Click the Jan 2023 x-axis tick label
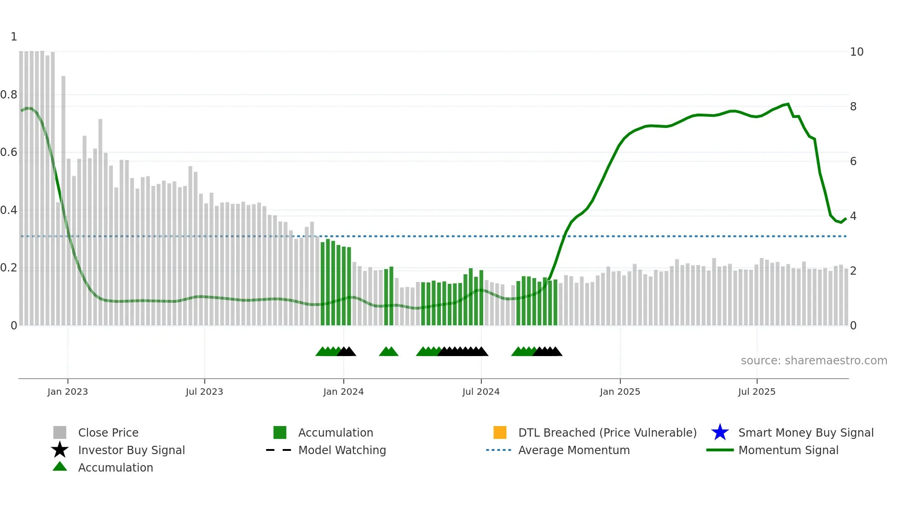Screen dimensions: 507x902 (68, 392)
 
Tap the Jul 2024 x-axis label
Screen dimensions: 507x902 (481, 392)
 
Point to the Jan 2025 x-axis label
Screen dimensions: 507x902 (620, 392)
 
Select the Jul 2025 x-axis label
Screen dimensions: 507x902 (757, 392)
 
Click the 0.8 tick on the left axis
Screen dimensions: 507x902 (9, 95)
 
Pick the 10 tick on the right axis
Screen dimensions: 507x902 (856, 52)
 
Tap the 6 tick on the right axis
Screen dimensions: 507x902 (853, 161)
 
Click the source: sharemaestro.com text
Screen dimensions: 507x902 (814, 361)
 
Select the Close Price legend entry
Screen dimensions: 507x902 (108, 432)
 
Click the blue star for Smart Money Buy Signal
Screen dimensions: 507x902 (720, 432)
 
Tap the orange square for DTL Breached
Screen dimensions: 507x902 (500, 432)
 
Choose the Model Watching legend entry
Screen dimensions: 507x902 (342, 450)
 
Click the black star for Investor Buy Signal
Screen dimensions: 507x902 (60, 450)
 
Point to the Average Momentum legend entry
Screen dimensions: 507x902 (574, 450)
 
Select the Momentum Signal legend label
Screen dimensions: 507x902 (788, 450)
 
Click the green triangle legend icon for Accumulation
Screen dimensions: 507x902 (60, 467)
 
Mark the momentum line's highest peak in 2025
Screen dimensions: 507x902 (788, 104)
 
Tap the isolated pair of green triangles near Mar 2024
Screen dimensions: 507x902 (388, 351)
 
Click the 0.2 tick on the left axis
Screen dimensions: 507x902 (9, 268)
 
